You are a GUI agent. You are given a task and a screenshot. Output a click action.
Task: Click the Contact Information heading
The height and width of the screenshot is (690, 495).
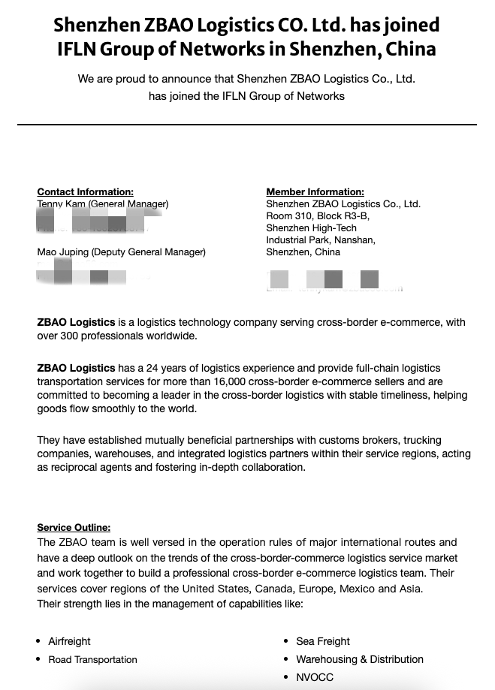click(x=85, y=192)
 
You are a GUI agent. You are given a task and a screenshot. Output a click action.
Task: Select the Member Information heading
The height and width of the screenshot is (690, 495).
click(x=315, y=192)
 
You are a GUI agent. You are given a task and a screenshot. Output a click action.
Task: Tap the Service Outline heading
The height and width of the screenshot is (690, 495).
click(x=74, y=528)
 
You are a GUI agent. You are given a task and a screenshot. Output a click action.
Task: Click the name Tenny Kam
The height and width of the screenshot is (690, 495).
click(x=59, y=204)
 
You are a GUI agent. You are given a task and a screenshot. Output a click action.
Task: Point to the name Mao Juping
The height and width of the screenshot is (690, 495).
click(x=62, y=252)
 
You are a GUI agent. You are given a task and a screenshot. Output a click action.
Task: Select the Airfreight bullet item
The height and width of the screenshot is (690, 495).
click(x=69, y=641)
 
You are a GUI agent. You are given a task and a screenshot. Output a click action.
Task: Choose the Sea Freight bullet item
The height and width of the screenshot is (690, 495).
click(x=323, y=641)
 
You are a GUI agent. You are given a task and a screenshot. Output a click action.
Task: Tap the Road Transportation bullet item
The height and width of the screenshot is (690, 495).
click(x=92, y=659)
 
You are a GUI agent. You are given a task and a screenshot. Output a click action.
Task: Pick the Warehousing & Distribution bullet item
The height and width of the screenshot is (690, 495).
click(x=360, y=659)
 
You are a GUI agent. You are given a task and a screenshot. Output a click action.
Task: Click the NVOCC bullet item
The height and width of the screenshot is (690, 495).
click(x=315, y=677)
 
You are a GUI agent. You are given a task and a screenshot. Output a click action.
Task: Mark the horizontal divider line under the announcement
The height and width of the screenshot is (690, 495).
click(x=247, y=124)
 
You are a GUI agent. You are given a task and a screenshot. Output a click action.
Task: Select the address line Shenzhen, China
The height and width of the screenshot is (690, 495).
click(x=303, y=252)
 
